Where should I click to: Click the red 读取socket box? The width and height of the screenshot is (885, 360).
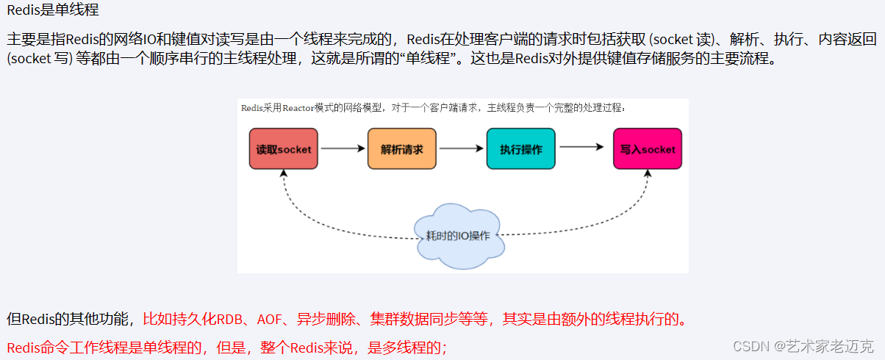pos(283,149)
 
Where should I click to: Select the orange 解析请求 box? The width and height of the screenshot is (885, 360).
pos(401,149)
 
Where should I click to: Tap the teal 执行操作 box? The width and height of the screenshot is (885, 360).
pos(520,149)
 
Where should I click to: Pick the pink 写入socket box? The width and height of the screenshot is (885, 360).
pos(647,149)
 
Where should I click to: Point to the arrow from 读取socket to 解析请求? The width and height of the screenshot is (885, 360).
pos(343,149)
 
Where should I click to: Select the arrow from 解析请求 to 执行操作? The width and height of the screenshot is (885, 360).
pos(462,149)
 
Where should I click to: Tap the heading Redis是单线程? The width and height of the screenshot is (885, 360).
pos(52,11)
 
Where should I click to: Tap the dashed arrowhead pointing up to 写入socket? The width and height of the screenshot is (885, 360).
pos(648,173)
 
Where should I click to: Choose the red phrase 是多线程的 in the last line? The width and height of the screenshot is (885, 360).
pos(406,347)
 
